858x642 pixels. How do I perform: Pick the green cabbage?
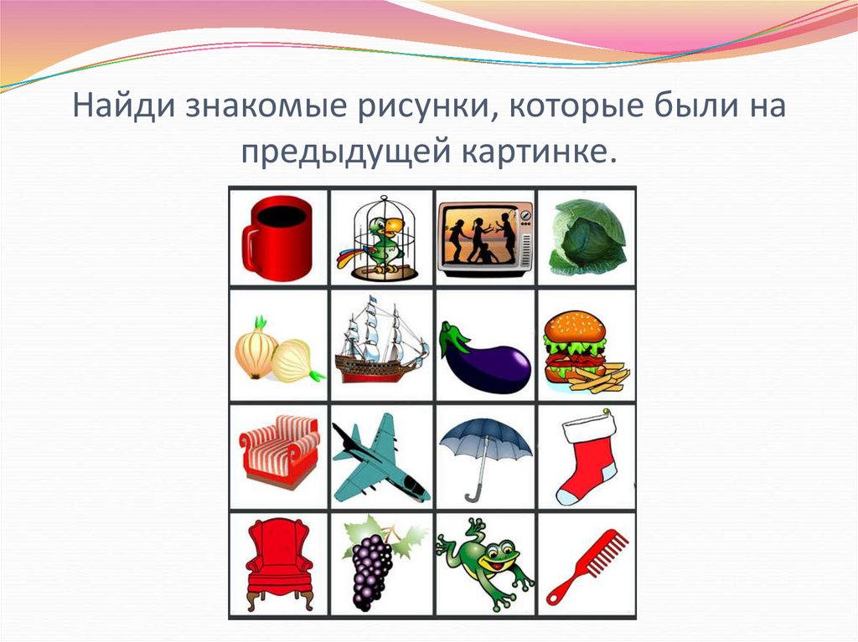point(587,237)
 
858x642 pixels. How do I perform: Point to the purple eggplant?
point(484,356)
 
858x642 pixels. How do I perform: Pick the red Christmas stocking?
point(587,456)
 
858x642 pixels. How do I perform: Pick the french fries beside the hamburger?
point(602,379)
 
